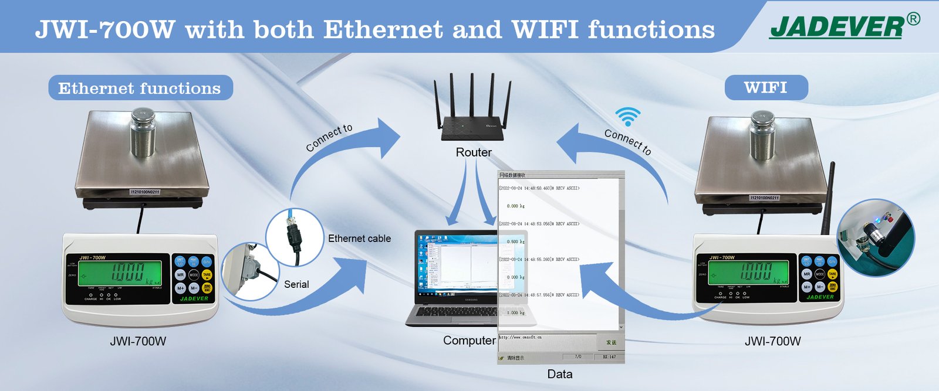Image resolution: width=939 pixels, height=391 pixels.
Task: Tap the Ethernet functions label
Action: coord(140,88)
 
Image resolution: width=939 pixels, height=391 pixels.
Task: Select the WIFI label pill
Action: coord(765,88)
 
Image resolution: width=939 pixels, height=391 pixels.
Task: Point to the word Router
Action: coord(474,152)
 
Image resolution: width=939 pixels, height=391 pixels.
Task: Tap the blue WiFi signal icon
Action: coord(627,117)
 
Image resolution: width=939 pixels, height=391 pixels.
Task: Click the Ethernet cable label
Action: coord(359,239)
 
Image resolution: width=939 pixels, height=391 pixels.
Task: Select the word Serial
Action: coord(296,284)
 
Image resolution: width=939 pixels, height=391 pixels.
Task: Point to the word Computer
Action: coord(469,341)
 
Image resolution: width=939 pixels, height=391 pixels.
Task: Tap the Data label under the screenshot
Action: coord(559,374)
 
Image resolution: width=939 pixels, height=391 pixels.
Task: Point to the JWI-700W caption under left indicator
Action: coord(138,341)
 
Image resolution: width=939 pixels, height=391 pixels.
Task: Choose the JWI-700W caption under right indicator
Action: coord(772,341)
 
